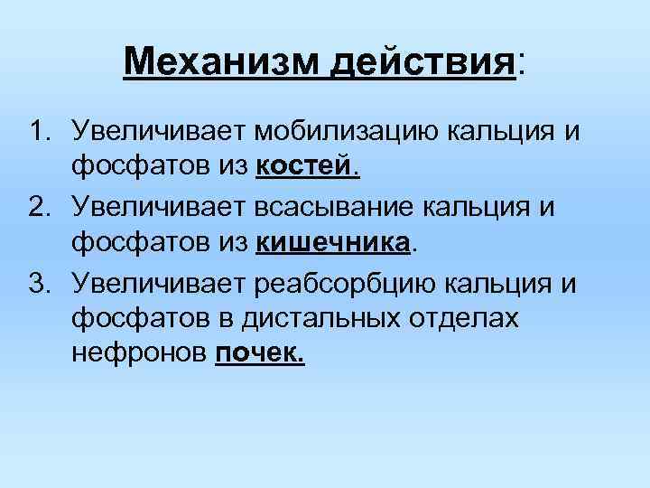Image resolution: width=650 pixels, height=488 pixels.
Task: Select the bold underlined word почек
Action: [x=261, y=355]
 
